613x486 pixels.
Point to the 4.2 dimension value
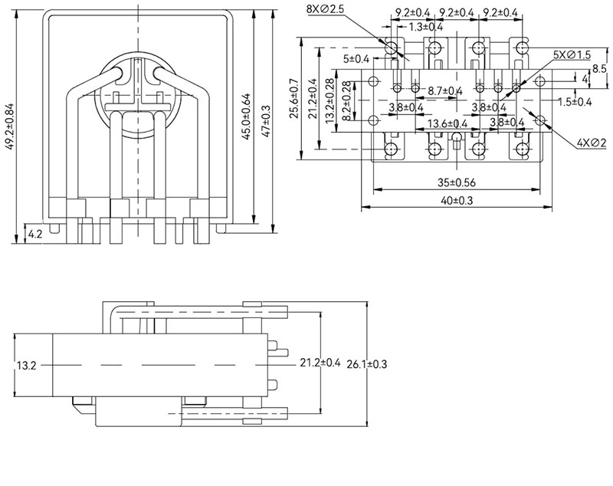tap(34, 232)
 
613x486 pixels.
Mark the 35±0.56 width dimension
tap(457, 183)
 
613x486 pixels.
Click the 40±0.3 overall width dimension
tap(457, 201)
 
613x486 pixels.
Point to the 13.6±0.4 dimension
tap(448, 123)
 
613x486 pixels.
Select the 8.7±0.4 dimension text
tap(444, 91)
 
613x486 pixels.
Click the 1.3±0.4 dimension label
tap(426, 28)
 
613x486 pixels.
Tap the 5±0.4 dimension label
tap(356, 59)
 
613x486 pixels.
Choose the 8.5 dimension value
tap(600, 69)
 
